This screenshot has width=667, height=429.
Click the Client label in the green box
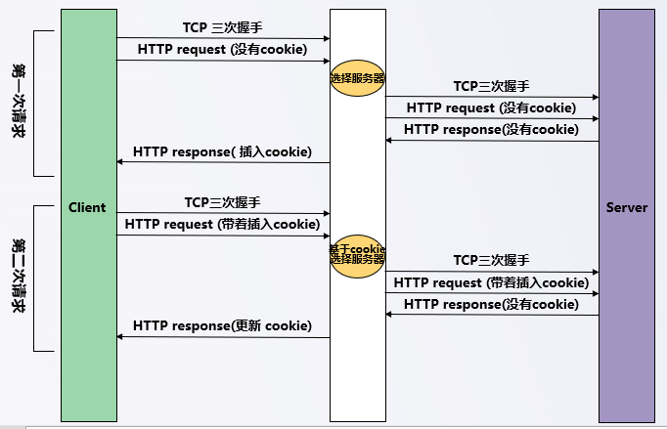87,208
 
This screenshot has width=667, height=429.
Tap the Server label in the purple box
626,208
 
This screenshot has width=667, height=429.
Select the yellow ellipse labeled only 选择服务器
357,77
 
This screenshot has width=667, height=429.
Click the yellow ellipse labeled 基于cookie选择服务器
357,254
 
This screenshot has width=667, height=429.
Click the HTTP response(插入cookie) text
222,151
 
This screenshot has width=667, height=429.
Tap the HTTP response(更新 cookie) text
222,325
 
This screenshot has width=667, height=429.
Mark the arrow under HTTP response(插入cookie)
223,163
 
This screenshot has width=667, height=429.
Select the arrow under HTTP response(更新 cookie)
223,337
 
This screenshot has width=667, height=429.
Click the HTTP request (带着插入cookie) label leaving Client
223,225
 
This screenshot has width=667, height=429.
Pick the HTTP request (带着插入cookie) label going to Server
491,282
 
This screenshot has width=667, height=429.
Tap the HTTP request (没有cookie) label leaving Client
222,49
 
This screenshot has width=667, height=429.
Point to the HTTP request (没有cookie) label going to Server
491,107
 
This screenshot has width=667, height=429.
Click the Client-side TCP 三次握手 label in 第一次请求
222,27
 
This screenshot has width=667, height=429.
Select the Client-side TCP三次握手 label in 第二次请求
222,203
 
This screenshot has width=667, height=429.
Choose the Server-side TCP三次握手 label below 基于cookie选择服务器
491,261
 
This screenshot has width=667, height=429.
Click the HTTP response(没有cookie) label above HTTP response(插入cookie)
491,129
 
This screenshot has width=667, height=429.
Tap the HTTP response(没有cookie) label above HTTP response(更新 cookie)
491,304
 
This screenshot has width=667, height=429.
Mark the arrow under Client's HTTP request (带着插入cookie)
223,236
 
